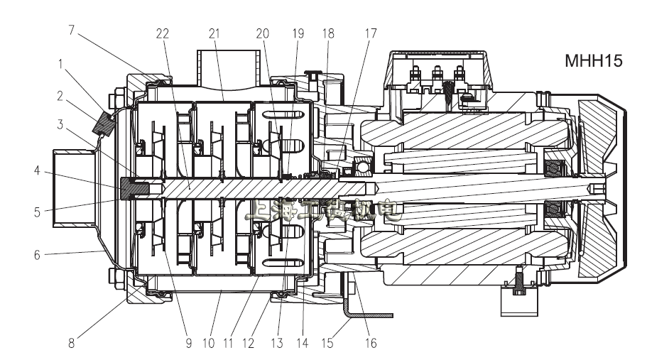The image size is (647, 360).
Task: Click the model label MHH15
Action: [x=594, y=61]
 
